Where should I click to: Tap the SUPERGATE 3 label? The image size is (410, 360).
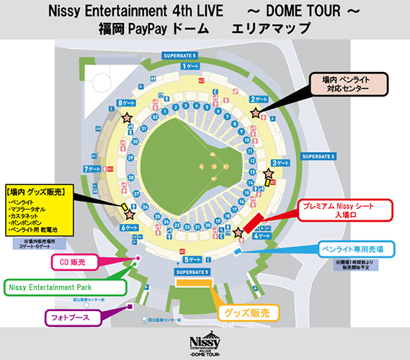click(319, 156)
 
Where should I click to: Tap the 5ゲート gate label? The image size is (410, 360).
click(193, 259)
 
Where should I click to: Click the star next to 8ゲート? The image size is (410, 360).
click(128, 117)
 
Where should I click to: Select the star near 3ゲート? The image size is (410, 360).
click(269, 173)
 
